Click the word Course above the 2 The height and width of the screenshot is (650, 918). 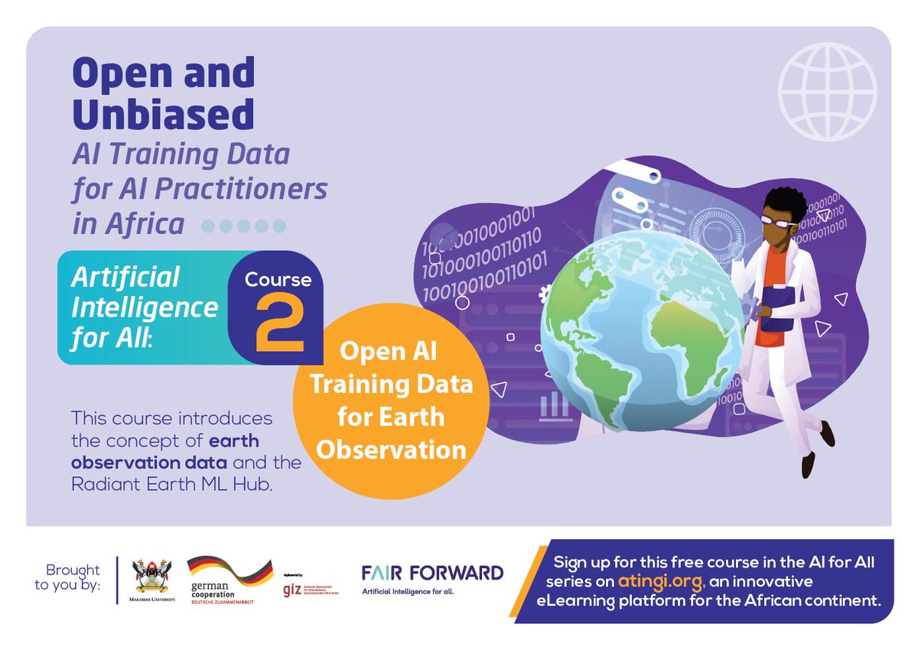coord(278,280)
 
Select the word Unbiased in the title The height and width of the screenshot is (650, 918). coord(162,114)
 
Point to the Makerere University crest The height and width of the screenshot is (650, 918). coord(153,579)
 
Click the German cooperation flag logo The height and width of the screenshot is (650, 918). coord(229,571)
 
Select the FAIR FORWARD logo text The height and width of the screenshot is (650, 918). coord(432,573)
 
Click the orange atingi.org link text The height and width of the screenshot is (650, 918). coord(663,582)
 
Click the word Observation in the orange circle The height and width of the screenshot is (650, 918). coord(391,449)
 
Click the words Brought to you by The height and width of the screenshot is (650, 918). coord(73,578)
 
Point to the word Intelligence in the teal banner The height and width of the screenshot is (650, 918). coord(145,307)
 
